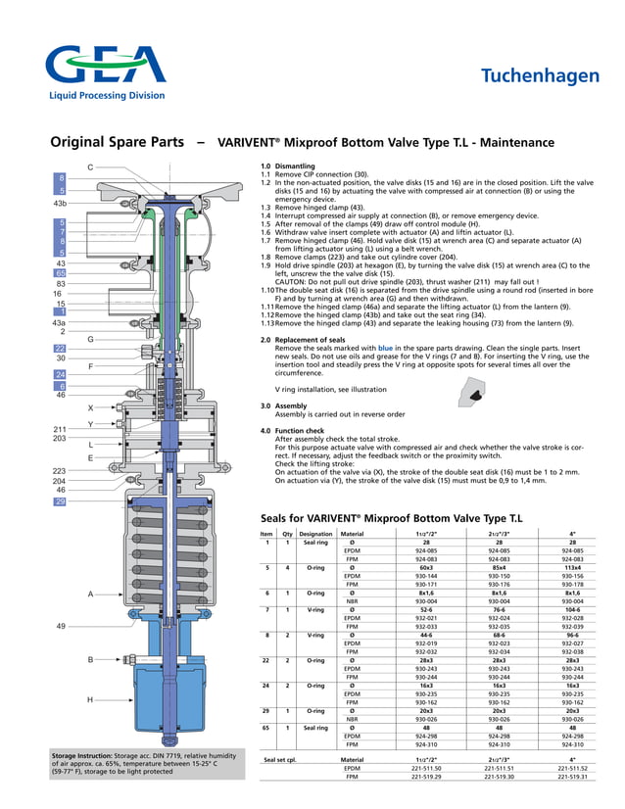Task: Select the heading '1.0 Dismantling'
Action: [x=288, y=167]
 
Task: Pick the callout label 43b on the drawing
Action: [x=59, y=203]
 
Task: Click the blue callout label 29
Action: [x=60, y=502]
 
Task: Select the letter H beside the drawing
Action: [x=89, y=700]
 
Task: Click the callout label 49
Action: [x=60, y=625]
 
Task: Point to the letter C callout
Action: [x=90, y=167]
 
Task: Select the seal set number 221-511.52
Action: [x=573, y=769]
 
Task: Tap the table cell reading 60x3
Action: [x=426, y=565]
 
